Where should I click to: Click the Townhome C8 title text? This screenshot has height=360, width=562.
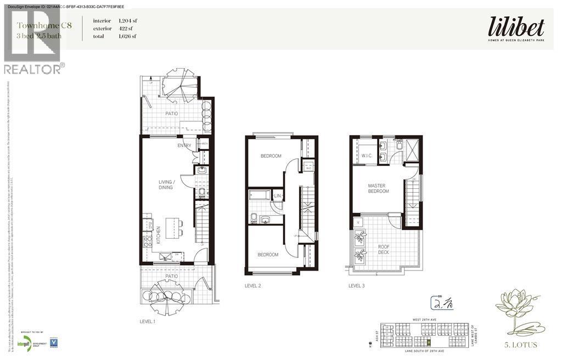click(39, 25)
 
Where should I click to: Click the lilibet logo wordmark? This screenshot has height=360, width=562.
click(516, 27)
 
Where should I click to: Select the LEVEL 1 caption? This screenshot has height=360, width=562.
click(148, 322)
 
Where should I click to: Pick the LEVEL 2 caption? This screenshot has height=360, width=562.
click(253, 286)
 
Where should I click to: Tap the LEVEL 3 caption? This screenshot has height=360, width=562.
click(357, 285)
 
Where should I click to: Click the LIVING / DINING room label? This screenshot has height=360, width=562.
click(166, 184)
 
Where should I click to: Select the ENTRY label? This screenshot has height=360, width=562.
click(184, 145)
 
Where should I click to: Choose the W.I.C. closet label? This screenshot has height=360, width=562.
click(367, 155)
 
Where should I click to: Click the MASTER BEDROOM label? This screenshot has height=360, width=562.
click(378, 189)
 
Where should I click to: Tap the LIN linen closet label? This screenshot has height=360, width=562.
click(278, 195)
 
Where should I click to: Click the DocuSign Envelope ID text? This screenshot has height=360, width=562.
click(63, 6)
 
